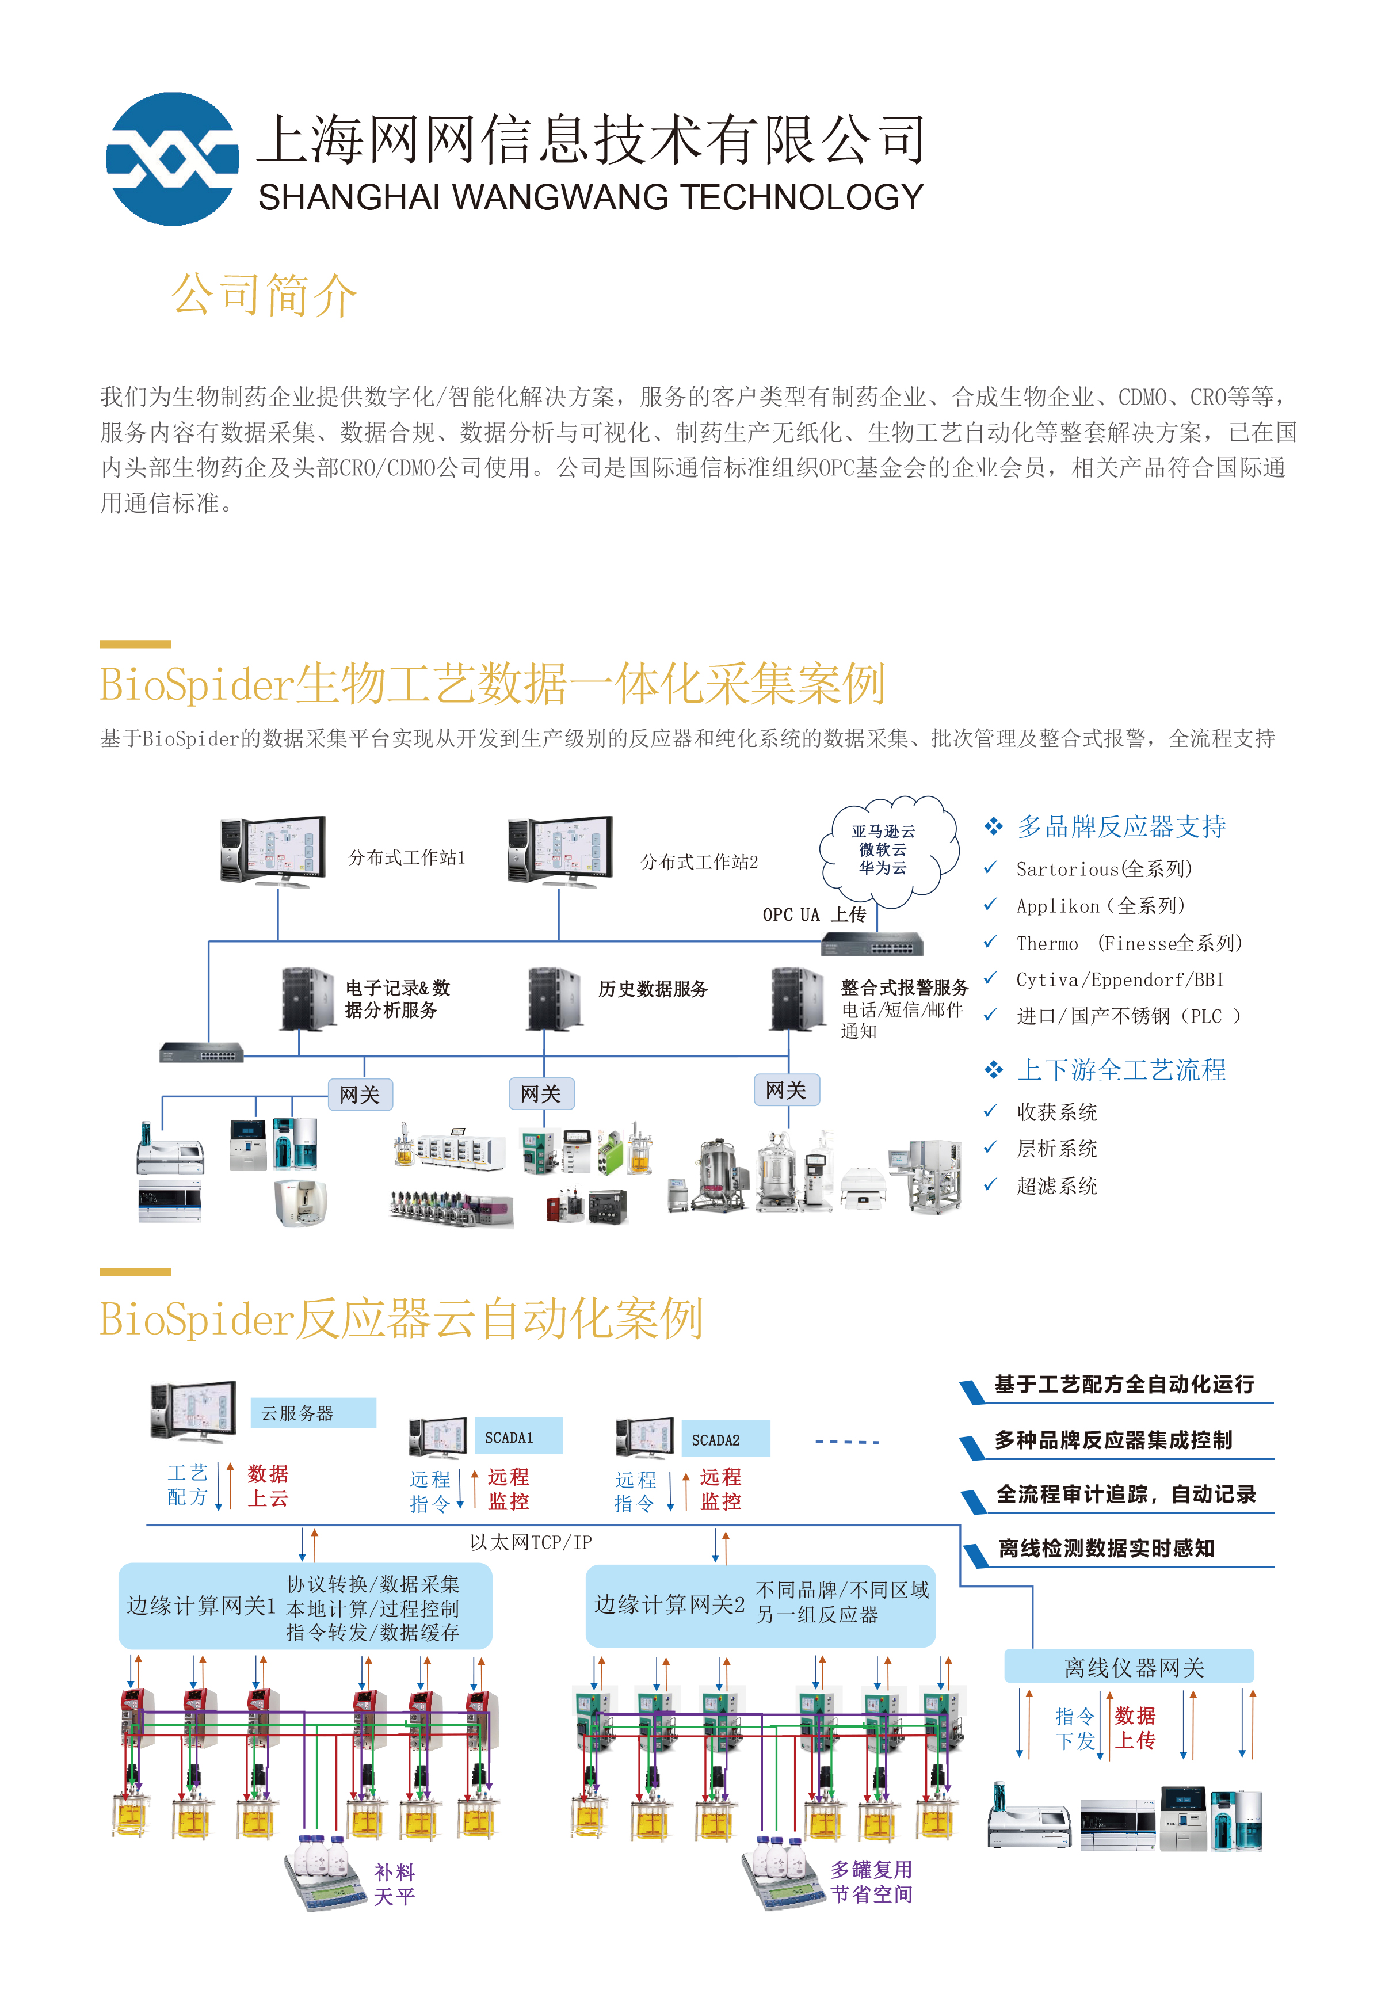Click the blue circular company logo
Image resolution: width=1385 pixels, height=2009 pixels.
(x=172, y=159)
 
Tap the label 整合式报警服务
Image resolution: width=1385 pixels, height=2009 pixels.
(x=904, y=988)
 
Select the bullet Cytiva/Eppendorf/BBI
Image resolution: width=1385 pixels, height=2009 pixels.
(x=1120, y=980)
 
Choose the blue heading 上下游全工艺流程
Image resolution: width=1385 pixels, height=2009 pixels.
(x=1121, y=1069)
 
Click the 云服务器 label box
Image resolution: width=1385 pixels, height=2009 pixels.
(x=312, y=1413)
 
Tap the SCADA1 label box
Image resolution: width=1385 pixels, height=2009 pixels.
(x=518, y=1437)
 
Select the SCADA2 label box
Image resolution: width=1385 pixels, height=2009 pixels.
(x=724, y=1440)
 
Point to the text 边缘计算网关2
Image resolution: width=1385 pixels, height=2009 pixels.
(x=669, y=1604)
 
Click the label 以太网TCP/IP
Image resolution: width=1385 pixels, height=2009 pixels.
(x=530, y=1542)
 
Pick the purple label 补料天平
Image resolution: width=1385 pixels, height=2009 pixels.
(x=394, y=1884)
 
